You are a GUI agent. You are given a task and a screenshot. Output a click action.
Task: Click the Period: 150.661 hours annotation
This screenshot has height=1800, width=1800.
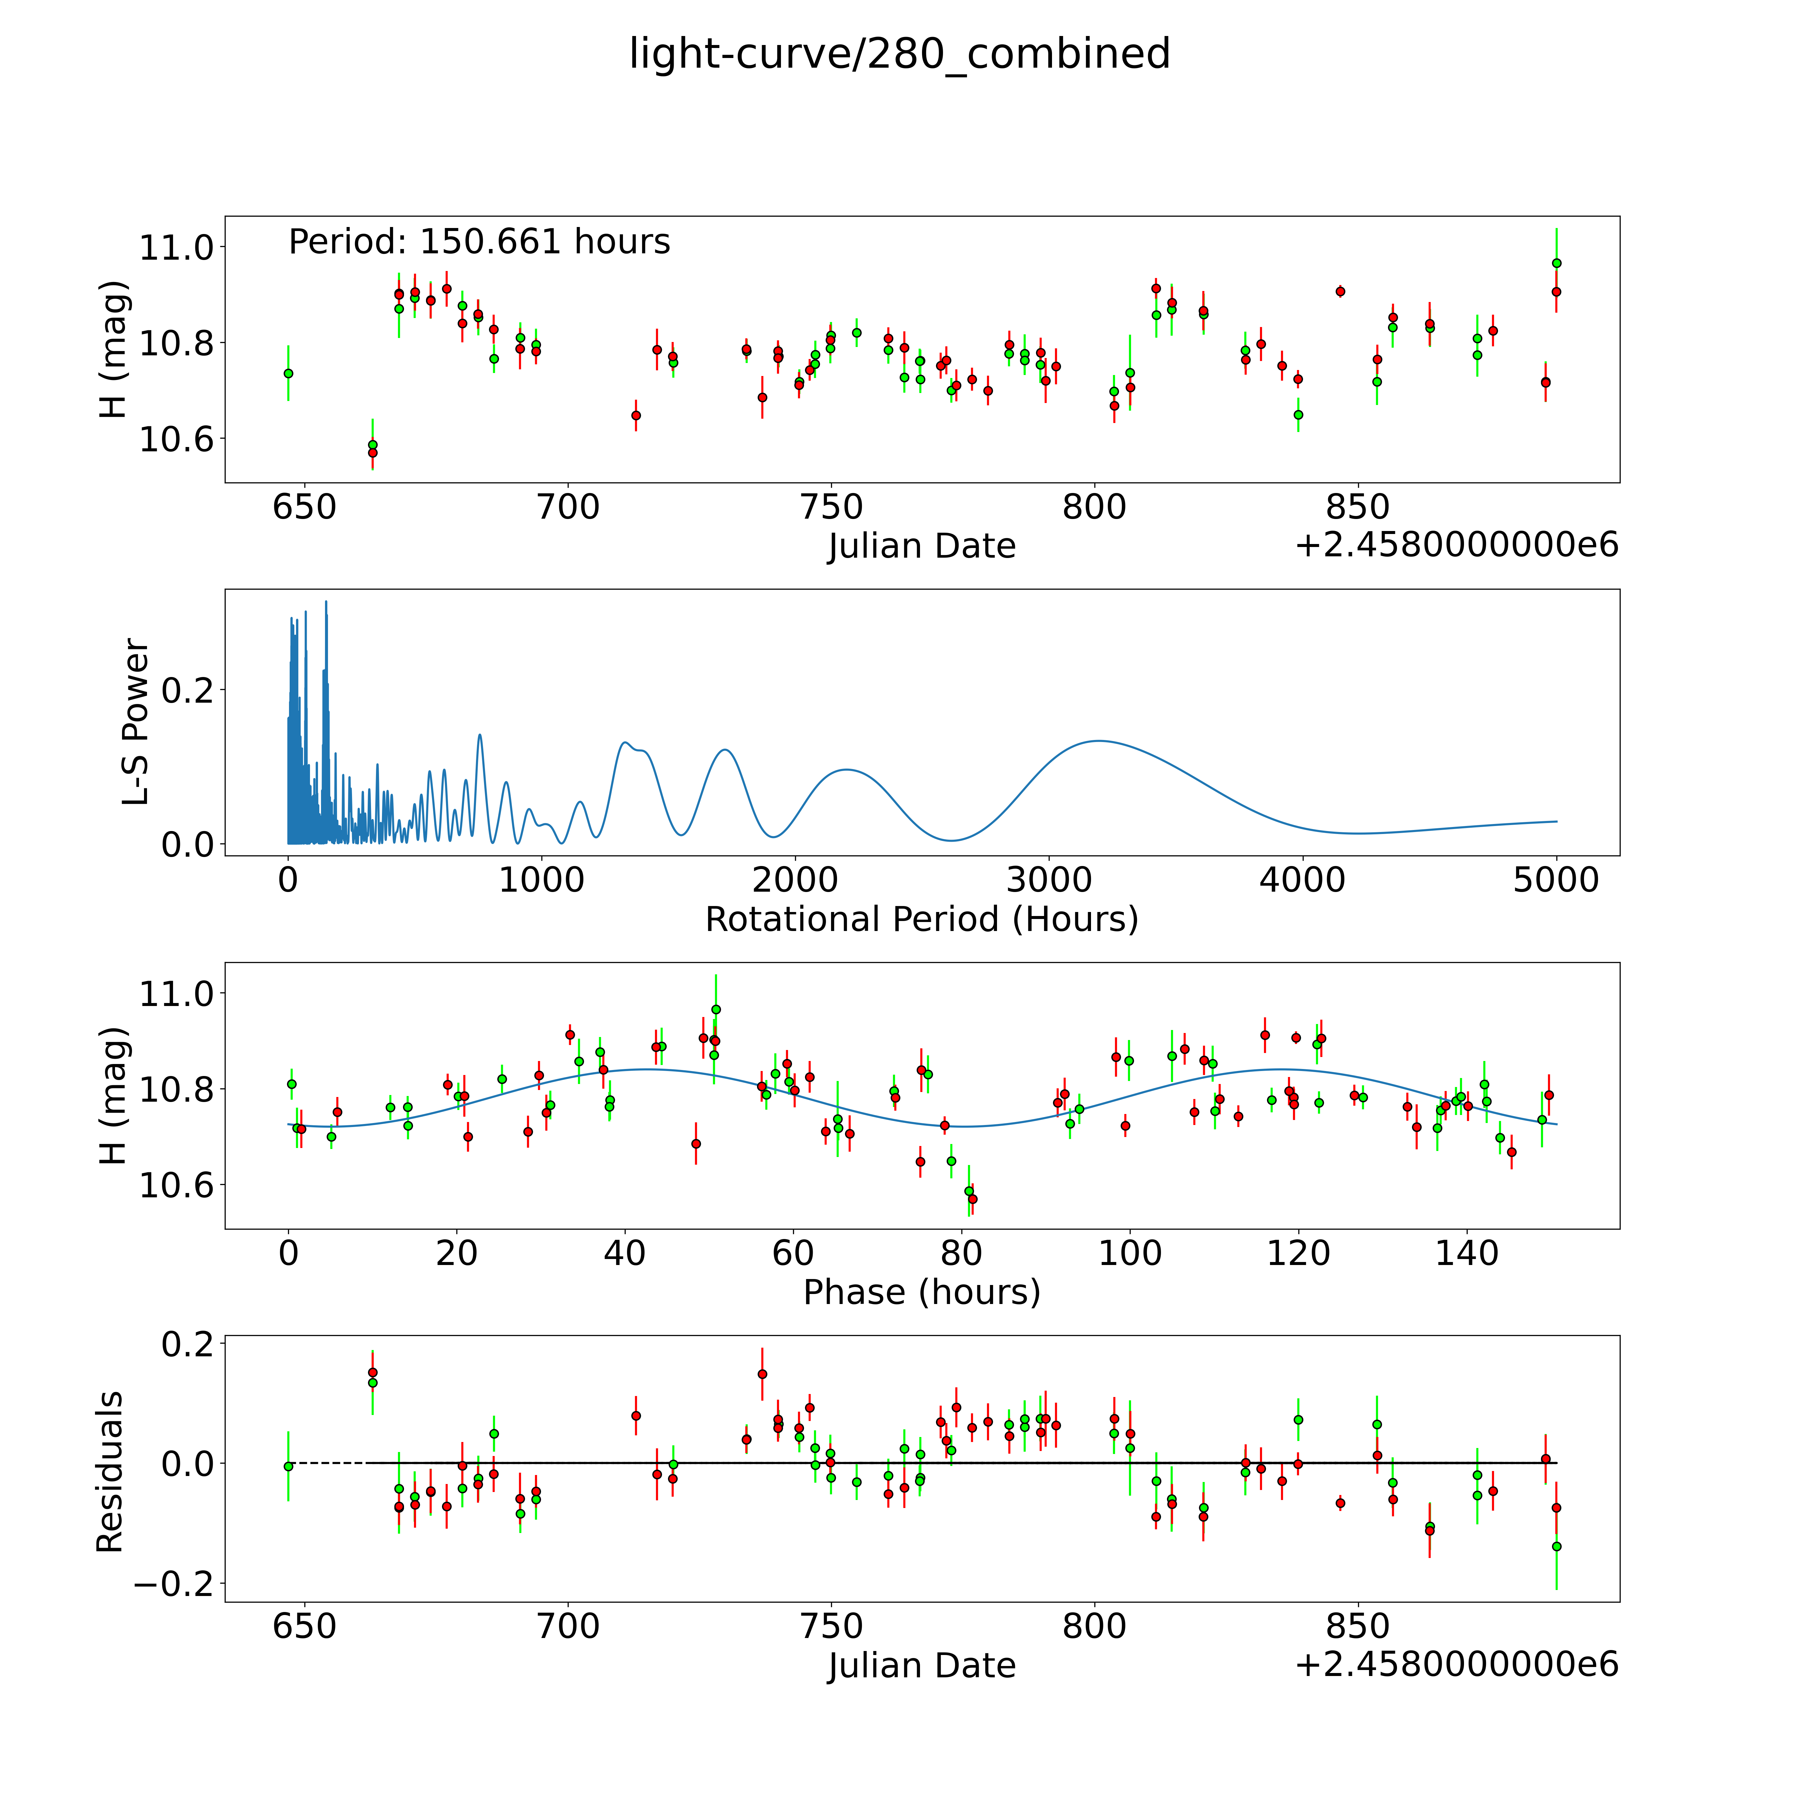pos(479,242)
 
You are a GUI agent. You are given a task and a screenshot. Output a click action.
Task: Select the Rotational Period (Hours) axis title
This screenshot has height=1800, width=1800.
pos(921,920)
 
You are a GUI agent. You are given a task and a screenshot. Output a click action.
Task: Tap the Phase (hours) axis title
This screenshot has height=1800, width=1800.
pos(921,1292)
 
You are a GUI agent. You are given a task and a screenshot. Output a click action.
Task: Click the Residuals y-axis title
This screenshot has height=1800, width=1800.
pos(110,1472)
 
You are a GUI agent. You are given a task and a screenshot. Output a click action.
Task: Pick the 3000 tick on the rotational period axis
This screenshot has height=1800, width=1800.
pos(1049,880)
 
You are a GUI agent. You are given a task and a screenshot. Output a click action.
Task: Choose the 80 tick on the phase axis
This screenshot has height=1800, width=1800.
pos(961,1253)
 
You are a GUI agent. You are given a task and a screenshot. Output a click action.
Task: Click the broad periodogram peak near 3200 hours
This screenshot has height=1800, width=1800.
pos(1099,742)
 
